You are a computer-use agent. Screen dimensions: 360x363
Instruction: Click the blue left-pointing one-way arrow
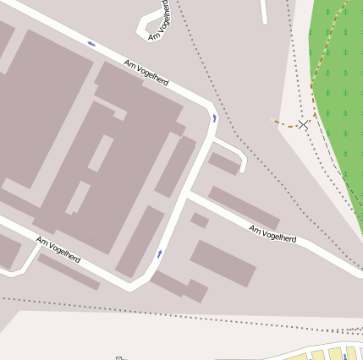pos(91,44)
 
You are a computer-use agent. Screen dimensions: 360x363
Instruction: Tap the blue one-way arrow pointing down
pos(214,118)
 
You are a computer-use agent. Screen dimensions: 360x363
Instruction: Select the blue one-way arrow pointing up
pos(159,253)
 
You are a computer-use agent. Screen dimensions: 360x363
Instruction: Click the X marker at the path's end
pos(303,124)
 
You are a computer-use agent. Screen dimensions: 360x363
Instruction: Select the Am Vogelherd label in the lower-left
pos(58,249)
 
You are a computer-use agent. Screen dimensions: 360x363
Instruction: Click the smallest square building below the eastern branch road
pos(200,221)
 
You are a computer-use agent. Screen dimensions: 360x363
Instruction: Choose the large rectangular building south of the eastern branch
pos(223,263)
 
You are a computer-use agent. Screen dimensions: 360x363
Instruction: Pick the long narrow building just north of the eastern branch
pos(244,207)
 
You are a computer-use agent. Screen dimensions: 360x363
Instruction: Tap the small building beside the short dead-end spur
pos(224,163)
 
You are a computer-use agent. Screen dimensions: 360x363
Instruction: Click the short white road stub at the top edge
pos(264,11)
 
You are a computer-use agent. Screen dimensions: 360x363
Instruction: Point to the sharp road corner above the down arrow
pos(210,106)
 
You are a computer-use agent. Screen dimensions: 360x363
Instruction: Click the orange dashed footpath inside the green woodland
pos(322,68)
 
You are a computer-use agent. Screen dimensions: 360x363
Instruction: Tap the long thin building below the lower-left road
pos(69,272)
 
